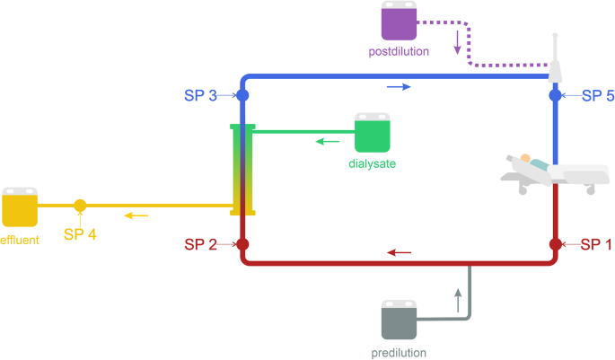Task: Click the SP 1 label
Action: tap(597, 244)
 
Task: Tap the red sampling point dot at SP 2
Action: tap(242, 244)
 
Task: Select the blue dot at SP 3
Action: tap(242, 94)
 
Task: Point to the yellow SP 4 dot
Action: tap(80, 206)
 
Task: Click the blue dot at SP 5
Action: tap(555, 94)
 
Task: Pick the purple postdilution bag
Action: tap(400, 22)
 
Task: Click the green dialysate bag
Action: tap(373, 133)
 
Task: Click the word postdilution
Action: tap(399, 52)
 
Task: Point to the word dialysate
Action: tap(372, 164)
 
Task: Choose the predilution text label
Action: tap(399, 353)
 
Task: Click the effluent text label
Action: tap(19, 239)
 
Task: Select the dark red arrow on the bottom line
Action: tap(400, 252)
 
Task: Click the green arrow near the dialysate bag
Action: tap(327, 141)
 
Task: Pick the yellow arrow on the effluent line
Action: tap(136, 215)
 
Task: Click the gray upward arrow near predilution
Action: tap(457, 299)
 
